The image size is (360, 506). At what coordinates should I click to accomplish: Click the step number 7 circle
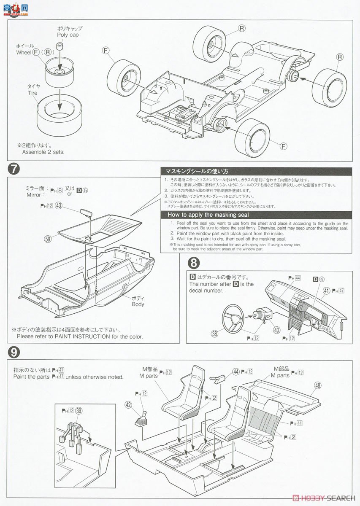[x=14, y=169]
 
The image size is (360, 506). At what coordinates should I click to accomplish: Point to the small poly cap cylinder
[x=61, y=46]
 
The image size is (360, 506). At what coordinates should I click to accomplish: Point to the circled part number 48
[x=317, y=385]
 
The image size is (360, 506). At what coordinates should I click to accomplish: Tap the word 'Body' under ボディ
[x=138, y=304]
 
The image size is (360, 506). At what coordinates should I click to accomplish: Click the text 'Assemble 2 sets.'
[x=41, y=152]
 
